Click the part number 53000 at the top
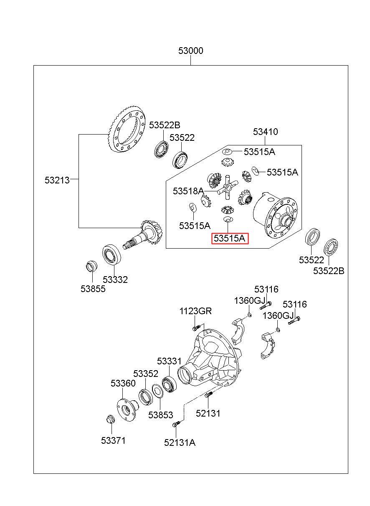click(x=191, y=51)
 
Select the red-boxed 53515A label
click(x=230, y=238)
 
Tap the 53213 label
click(x=57, y=180)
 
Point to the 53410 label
click(x=265, y=132)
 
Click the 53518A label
click(x=188, y=191)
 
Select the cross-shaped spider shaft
click(x=227, y=187)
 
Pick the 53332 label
click(x=115, y=280)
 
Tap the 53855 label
click(x=93, y=289)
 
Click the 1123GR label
click(x=195, y=311)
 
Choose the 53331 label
click(x=169, y=361)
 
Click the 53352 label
click(x=146, y=374)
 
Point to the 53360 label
click(x=123, y=383)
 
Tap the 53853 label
click(x=160, y=415)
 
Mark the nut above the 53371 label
click(x=110, y=419)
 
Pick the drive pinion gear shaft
click(x=144, y=234)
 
